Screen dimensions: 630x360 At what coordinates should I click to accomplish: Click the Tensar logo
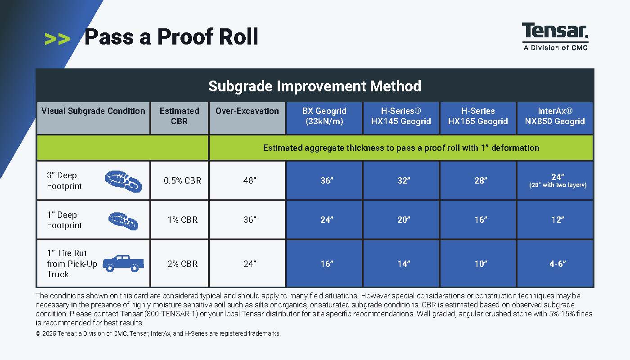click(555, 36)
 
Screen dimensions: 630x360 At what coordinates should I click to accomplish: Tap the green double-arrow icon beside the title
click(57, 39)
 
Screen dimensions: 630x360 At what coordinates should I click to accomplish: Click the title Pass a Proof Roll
click(171, 36)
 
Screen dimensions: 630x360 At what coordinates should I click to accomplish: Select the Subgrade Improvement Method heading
click(315, 86)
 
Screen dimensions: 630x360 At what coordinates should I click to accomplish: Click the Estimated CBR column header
click(180, 116)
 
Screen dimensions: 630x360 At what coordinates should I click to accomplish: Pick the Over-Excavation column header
click(247, 111)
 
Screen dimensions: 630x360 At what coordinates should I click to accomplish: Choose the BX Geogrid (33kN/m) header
click(324, 116)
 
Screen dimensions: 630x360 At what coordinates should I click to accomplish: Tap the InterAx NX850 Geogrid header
click(555, 116)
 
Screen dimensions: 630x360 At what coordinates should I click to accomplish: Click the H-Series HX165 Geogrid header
click(478, 116)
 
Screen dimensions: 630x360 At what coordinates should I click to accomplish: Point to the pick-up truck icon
click(123, 264)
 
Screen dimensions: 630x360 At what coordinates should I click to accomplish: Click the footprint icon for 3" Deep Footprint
click(123, 181)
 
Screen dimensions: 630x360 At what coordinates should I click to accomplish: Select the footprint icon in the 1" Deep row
click(123, 221)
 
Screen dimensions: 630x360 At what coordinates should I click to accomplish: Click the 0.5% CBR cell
click(183, 180)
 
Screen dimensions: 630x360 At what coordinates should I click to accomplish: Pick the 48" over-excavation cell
click(250, 180)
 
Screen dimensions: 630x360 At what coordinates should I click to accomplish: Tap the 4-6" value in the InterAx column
click(558, 264)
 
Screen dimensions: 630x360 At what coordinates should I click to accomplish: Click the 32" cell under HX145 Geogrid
click(404, 180)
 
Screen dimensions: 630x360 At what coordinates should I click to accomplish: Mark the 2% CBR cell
click(183, 264)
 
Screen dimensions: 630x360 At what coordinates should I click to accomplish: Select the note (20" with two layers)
click(558, 185)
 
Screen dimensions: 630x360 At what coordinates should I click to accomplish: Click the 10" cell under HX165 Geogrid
click(481, 264)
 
